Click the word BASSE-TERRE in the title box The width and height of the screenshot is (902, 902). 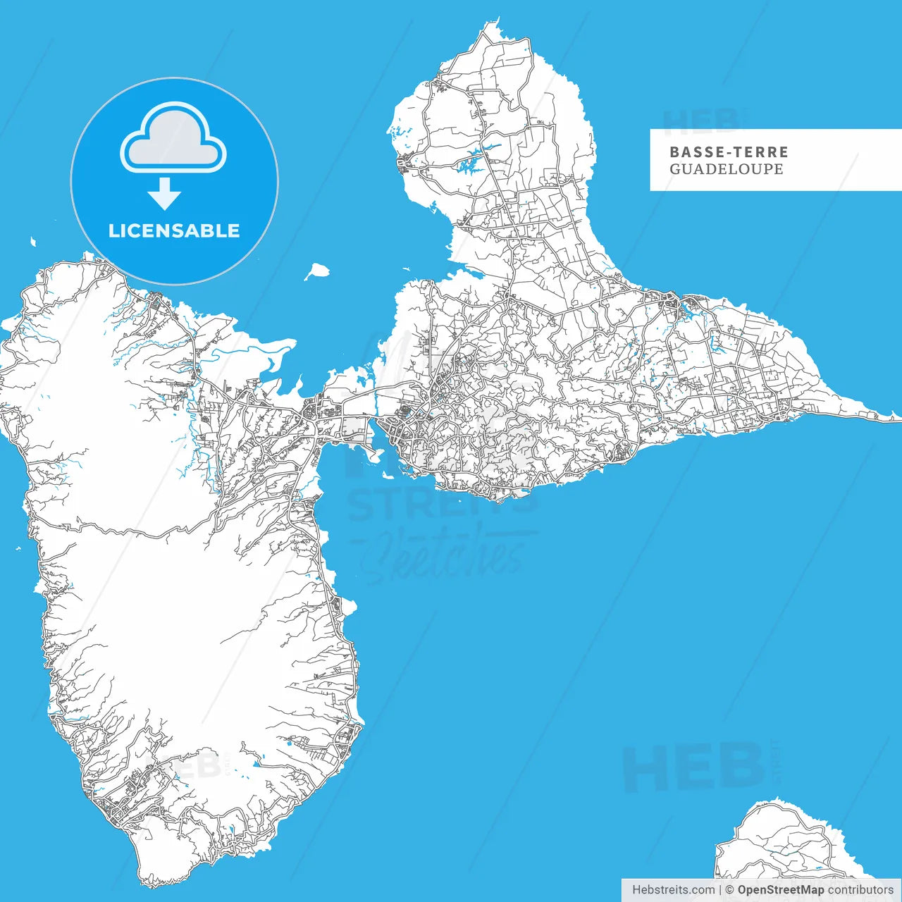(729, 152)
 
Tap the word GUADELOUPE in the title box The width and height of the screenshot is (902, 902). (726, 169)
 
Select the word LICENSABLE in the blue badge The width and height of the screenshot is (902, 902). (174, 230)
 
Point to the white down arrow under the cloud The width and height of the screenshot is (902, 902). (165, 193)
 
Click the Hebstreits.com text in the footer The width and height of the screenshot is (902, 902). (673, 890)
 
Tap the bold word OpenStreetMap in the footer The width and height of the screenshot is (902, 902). (780, 890)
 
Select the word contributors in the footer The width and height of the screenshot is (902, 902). (860, 890)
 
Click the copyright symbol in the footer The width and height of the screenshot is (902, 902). (729, 890)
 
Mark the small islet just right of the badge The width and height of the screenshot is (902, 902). (318, 271)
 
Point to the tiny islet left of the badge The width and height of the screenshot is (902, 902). (32, 242)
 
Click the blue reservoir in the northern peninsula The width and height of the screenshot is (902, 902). (471, 162)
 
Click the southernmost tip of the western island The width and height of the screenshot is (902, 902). (149, 884)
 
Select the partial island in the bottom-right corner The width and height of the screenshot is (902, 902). (782, 842)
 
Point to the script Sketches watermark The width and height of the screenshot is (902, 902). (444, 557)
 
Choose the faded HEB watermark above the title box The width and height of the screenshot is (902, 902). (702, 121)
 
